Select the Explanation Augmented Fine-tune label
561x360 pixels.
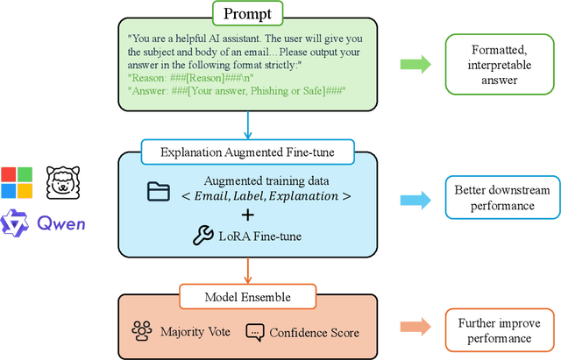pyautogui.click(x=249, y=152)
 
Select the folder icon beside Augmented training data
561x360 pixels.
pyautogui.click(x=160, y=190)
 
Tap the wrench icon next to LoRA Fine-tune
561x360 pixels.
pyautogui.click(x=202, y=234)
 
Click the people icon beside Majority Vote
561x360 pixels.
pyautogui.click(x=142, y=330)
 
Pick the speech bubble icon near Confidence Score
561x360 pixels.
pyautogui.click(x=254, y=331)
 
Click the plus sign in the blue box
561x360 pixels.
pyautogui.click(x=249, y=214)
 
